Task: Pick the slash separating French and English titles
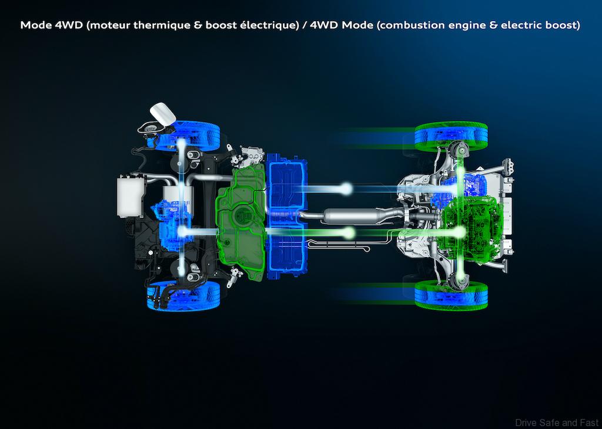click(x=305, y=26)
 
